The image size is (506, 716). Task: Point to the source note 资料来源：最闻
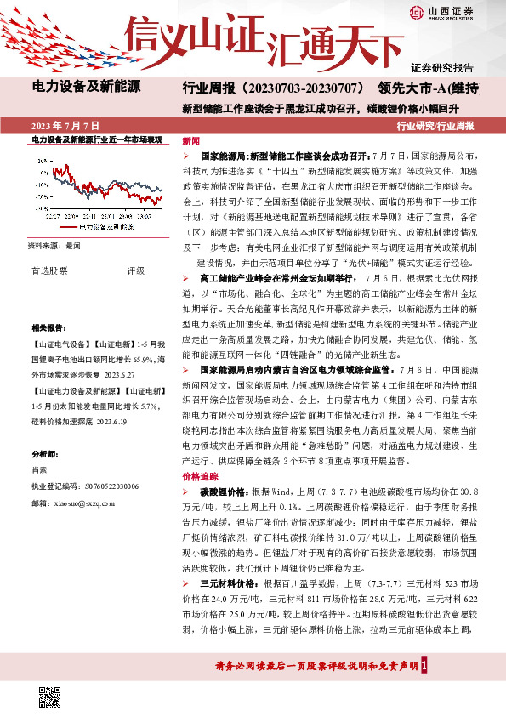click(55, 244)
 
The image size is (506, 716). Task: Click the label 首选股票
click(49, 270)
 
